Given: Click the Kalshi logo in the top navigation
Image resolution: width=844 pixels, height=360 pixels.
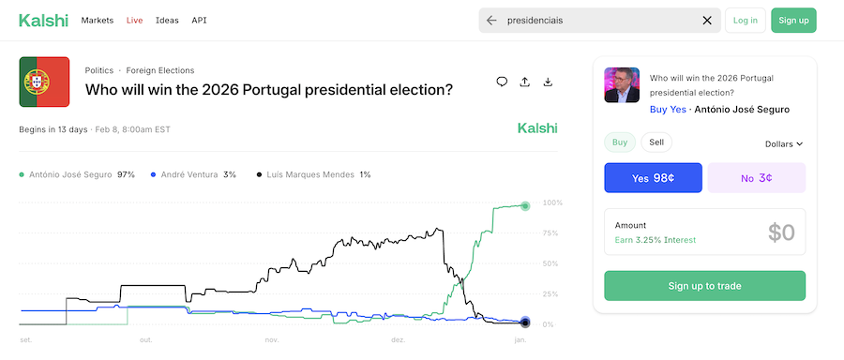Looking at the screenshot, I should tap(41, 20).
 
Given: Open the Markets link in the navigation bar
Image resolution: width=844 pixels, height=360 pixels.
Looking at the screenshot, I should tap(98, 20).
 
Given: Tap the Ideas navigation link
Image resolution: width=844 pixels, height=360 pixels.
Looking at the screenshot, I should tap(167, 20).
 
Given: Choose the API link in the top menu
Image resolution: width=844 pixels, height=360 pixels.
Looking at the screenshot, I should tap(199, 20).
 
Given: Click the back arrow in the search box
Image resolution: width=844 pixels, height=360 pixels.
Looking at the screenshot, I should tap(491, 20).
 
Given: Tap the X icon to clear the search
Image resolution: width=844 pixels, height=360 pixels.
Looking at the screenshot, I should tap(707, 20).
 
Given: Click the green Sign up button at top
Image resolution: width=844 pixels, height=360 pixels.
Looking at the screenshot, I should tap(793, 20).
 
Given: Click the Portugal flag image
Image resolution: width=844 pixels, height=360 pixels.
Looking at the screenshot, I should tap(44, 82).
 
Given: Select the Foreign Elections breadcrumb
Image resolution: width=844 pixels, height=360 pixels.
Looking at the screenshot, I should tap(160, 70).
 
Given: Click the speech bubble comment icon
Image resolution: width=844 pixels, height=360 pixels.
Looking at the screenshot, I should tap(502, 82).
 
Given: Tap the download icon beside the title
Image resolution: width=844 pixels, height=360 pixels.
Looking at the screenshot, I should tap(548, 82).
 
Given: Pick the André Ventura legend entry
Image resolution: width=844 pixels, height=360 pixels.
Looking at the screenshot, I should tap(191, 174).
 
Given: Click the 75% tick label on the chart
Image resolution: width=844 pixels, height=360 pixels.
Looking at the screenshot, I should tap(552, 233).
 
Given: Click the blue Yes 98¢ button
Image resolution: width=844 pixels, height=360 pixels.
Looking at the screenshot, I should tap(653, 178).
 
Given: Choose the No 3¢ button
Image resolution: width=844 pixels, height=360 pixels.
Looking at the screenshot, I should tap(756, 178).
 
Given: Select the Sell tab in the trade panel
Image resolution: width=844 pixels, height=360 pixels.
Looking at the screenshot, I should tap(656, 142).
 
